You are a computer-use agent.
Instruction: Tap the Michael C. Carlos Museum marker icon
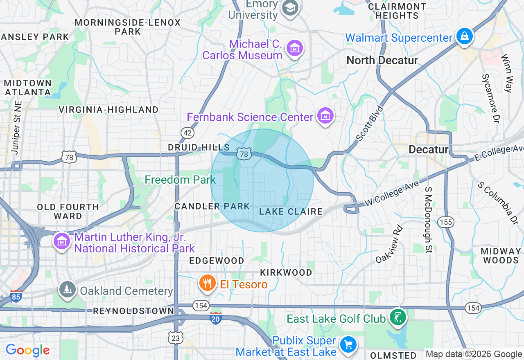[x=294, y=48]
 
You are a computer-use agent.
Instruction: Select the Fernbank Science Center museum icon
[x=325, y=116]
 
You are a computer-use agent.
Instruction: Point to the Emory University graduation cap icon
[x=290, y=7]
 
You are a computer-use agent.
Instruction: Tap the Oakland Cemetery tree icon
[x=68, y=289]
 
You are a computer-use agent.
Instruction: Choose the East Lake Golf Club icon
[x=397, y=317]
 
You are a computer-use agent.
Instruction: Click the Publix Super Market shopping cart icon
[x=348, y=344]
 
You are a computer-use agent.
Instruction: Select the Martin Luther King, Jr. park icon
[x=62, y=241]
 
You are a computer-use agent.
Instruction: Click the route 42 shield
[x=187, y=133]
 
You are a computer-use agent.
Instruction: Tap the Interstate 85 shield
[x=16, y=297]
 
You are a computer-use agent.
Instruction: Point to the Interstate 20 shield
[x=216, y=318]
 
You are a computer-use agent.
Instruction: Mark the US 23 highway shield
[x=176, y=337]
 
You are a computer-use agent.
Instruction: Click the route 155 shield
[x=445, y=222]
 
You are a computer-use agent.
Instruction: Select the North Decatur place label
[x=382, y=61]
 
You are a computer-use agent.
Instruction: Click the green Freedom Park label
[x=180, y=180]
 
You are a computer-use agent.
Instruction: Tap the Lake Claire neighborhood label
[x=291, y=211]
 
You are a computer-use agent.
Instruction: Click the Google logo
[x=27, y=350]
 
